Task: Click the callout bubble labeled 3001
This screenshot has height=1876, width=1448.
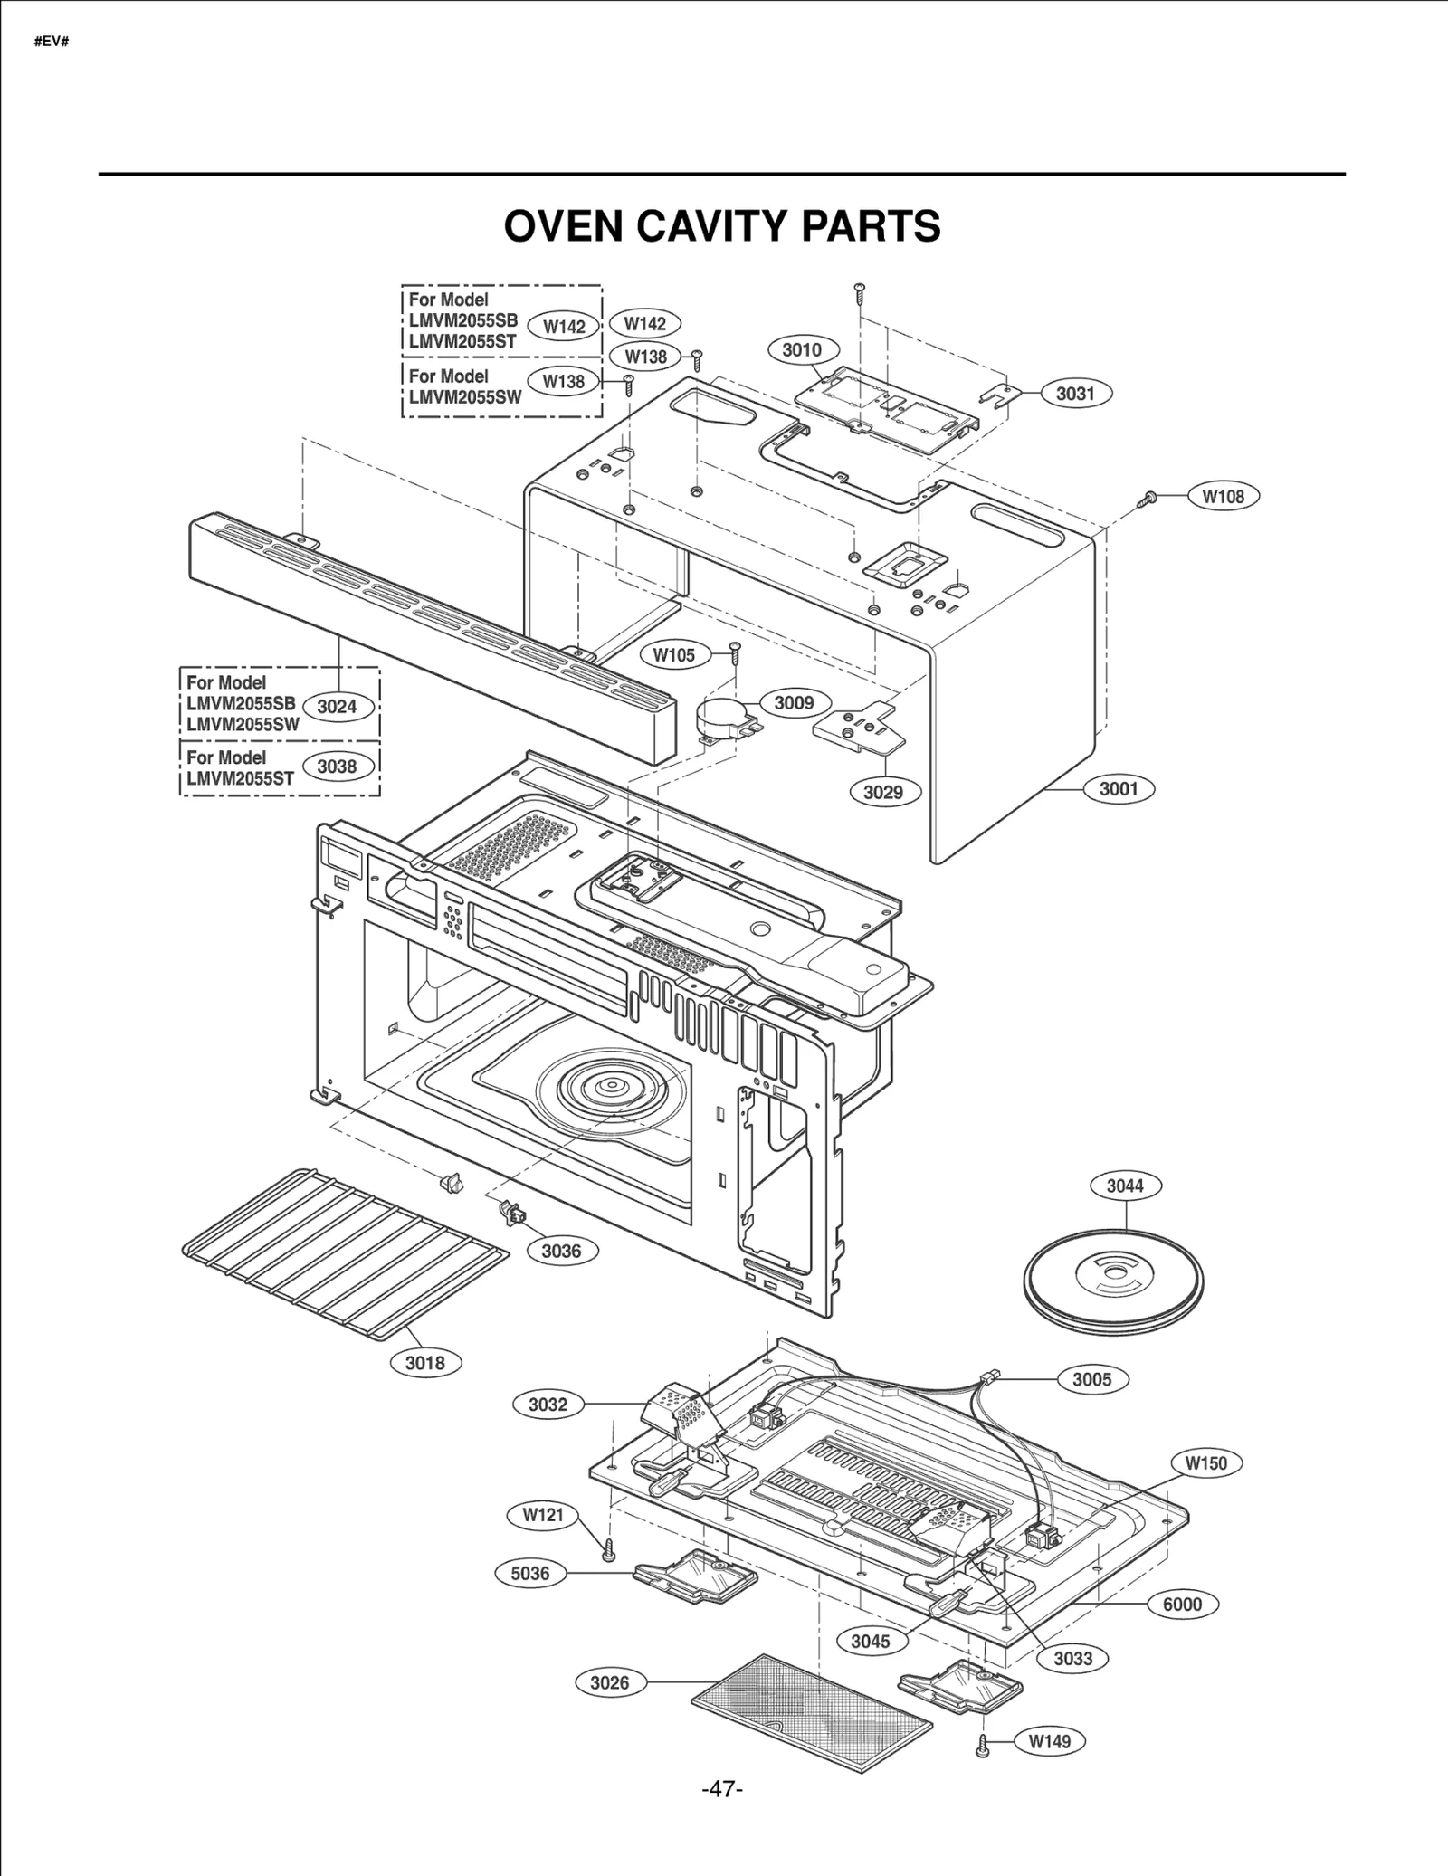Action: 1119,789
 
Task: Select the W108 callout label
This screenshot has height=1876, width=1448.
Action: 1223,496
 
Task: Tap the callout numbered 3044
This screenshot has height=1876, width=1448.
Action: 1125,1186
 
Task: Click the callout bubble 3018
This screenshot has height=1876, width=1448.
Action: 424,1363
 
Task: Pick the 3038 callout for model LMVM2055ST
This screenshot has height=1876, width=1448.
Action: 337,767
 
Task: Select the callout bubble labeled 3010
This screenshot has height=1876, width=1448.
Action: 802,350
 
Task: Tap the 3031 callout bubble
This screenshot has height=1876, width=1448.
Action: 1075,394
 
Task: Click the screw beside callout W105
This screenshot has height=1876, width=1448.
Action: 735,651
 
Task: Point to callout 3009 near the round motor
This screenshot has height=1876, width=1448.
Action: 794,703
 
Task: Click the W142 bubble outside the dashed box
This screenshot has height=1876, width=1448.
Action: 645,324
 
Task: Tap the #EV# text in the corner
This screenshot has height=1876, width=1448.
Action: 52,43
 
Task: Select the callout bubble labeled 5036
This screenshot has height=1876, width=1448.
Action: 530,1574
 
